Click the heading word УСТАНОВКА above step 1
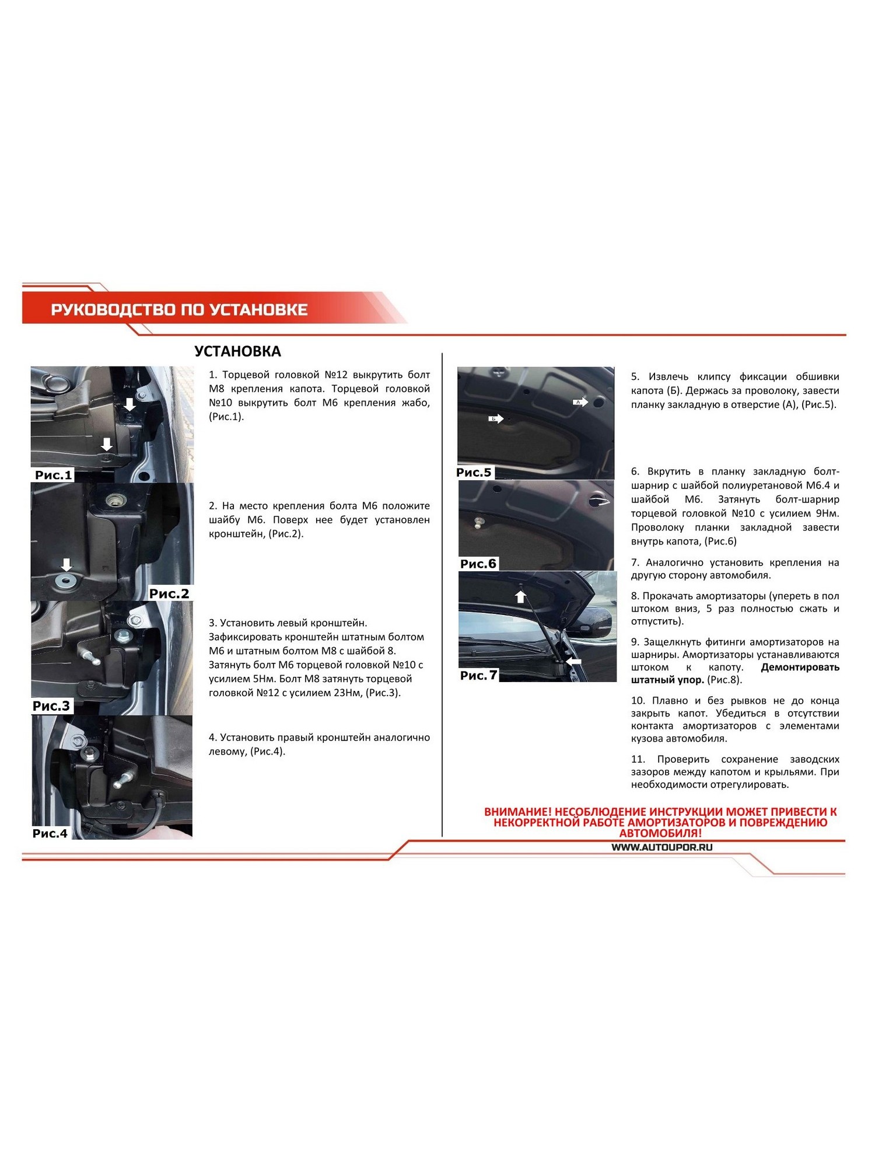237,351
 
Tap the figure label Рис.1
54,475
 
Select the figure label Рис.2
169,593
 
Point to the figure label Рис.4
50,833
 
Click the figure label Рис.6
478,564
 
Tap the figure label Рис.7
478,675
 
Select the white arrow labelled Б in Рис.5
496,418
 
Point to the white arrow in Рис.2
66,565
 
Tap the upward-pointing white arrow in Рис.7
520,596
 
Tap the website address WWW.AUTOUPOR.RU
662,847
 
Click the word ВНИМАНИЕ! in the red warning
517,812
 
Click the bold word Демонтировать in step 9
800,667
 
